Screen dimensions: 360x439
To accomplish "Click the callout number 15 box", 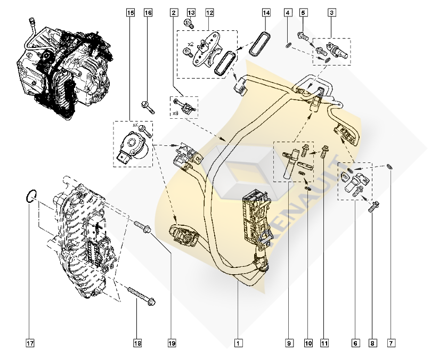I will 131,12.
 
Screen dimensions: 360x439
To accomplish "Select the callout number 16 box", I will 148,12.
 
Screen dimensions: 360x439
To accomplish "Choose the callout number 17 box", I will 30,343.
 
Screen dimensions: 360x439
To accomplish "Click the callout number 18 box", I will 137,343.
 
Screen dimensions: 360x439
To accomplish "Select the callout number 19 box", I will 172,343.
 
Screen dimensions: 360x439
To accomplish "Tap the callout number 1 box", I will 238,343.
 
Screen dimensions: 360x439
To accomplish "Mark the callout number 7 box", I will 391,343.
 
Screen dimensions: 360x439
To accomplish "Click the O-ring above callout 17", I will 31,197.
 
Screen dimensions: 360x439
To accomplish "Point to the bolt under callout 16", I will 148,107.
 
